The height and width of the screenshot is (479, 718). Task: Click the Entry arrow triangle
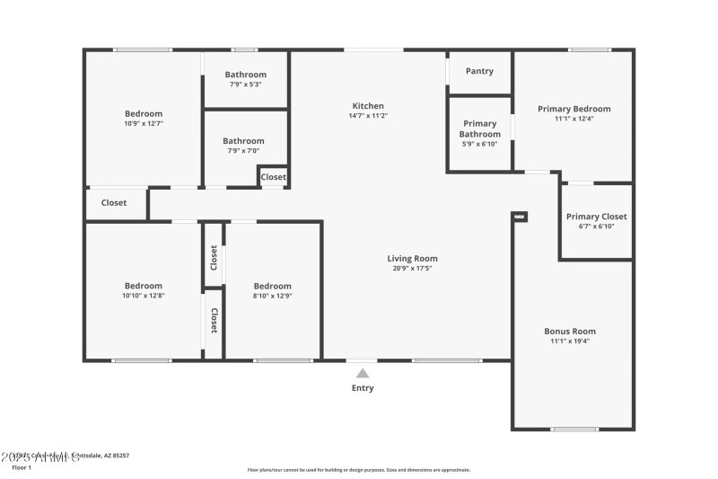(x=362, y=373)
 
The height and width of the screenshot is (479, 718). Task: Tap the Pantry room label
(x=479, y=71)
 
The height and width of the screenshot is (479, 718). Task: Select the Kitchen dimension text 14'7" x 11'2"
(x=368, y=116)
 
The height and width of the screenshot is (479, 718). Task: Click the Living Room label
(x=413, y=258)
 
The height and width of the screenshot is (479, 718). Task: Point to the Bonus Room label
(x=570, y=331)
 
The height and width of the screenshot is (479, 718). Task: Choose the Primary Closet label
(x=596, y=217)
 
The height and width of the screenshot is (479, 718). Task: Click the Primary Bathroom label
(x=479, y=129)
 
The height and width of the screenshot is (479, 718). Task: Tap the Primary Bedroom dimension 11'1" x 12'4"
(x=574, y=119)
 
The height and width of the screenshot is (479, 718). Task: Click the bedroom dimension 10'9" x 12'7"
(x=144, y=123)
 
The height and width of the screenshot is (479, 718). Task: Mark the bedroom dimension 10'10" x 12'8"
(x=144, y=296)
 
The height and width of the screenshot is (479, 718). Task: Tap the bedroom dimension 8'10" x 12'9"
(x=272, y=296)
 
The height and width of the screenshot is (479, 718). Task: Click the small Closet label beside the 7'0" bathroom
(x=274, y=177)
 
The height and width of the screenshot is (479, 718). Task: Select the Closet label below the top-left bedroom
(x=114, y=203)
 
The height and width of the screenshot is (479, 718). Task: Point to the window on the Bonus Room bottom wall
(x=574, y=430)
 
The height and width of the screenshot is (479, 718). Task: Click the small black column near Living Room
(x=520, y=216)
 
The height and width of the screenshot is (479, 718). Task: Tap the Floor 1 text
(x=21, y=468)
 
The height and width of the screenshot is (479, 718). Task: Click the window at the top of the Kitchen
(x=373, y=49)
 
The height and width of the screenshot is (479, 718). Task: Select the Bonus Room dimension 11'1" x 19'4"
(x=570, y=341)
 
